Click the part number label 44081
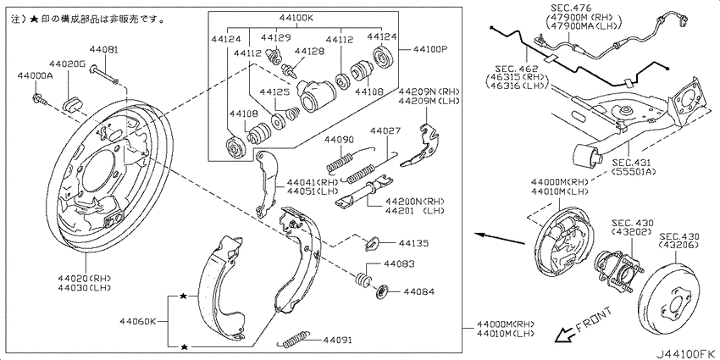coord(103,50)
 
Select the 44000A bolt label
coord(35,75)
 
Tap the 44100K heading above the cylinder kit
coord(295,19)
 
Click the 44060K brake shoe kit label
coord(138,321)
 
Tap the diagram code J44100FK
coord(685,354)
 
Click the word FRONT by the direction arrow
coord(593,319)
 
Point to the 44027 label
coord(385,130)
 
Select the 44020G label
coord(68,64)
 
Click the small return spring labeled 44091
coord(294,339)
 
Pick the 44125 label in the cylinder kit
coord(274,91)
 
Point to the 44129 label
coord(276,36)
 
